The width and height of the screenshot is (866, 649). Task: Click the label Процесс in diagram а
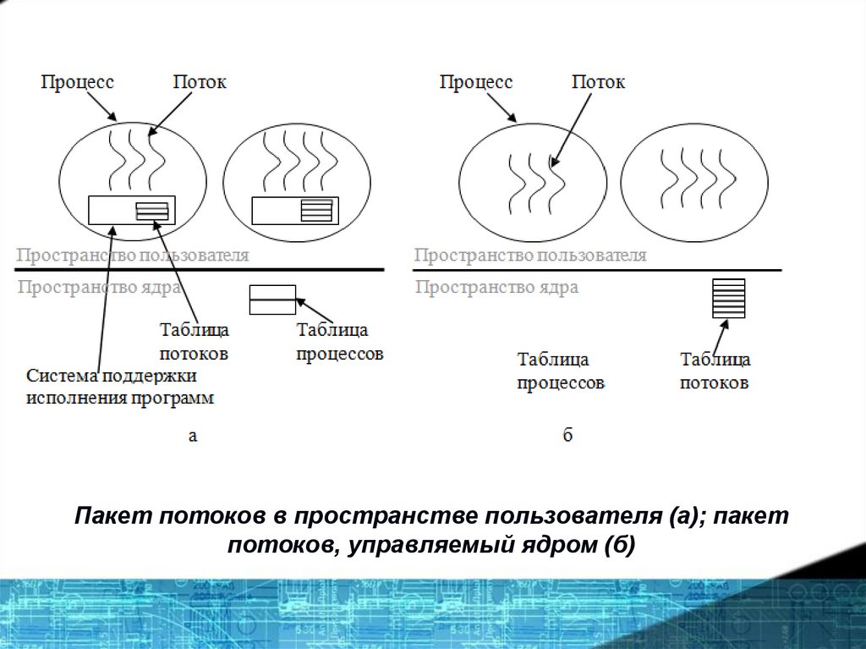pyautogui.click(x=78, y=82)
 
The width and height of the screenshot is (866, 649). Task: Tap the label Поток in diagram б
pyautogui.click(x=599, y=82)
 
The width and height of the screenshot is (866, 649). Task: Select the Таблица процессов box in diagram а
pyautogui.click(x=272, y=300)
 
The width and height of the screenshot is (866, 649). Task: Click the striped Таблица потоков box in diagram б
pyautogui.click(x=729, y=299)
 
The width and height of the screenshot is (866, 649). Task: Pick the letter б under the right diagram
pyautogui.click(x=567, y=437)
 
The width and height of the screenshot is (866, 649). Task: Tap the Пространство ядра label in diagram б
pyautogui.click(x=497, y=287)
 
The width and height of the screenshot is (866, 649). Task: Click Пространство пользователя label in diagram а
pyautogui.click(x=134, y=255)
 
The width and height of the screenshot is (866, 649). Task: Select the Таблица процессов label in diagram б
pyautogui.click(x=561, y=371)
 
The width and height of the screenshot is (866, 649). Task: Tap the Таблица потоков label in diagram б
pyautogui.click(x=715, y=371)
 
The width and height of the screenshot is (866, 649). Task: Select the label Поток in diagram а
pyautogui.click(x=200, y=82)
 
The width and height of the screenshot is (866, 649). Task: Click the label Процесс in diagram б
pyautogui.click(x=476, y=82)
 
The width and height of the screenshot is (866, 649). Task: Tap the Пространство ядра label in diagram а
pyautogui.click(x=99, y=287)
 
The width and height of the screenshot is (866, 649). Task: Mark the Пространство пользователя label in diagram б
pyautogui.click(x=530, y=255)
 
